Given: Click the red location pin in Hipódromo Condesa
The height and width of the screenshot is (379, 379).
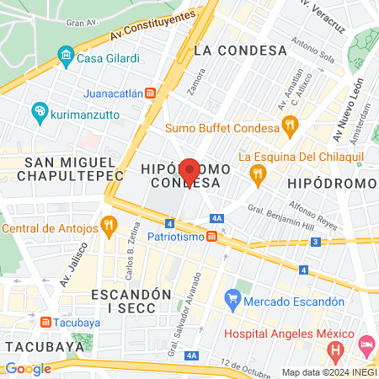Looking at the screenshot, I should pos(189,171).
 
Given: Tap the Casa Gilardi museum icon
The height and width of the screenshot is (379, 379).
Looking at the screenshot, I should pos(66,57).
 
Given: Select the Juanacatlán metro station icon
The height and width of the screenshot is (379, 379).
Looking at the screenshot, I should pos(150,92).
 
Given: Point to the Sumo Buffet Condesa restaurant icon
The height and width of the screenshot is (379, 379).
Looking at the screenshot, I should pos(290,126).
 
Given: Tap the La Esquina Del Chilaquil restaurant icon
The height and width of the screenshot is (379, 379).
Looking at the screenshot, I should pos(259,173).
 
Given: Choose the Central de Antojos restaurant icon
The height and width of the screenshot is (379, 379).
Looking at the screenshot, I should pos(107,226).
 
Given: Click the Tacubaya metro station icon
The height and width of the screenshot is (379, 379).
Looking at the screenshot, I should pos(45,322).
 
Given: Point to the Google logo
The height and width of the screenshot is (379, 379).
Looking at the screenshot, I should pos(28,368).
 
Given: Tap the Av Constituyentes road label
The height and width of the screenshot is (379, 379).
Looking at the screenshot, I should pos(152,30).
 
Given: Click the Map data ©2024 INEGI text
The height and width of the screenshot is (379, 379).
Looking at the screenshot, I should pos(328,372).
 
